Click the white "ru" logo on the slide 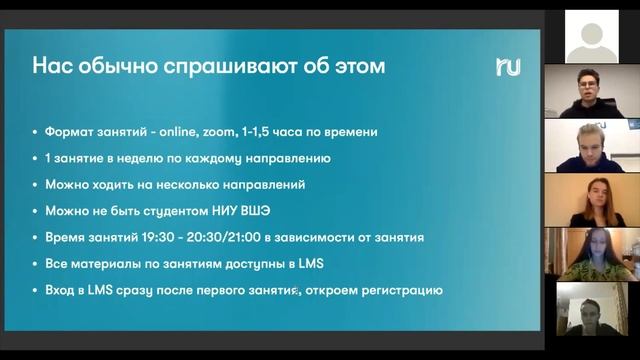(507, 67)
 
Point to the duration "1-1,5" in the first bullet (286, 131)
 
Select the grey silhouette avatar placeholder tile (591, 38)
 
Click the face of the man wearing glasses (587, 83)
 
